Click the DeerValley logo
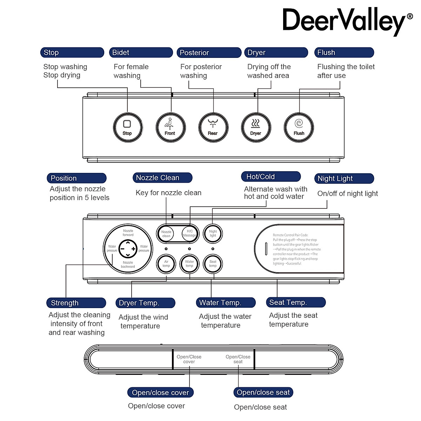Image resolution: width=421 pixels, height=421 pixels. [347, 21]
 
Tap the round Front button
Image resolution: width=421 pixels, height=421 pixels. [171, 127]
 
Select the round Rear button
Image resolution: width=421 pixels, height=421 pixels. [213, 127]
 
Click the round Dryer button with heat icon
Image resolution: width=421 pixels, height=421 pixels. [256, 127]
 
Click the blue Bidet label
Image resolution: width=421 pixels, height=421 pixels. [141, 53]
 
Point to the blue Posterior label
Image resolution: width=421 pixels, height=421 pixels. [209, 53]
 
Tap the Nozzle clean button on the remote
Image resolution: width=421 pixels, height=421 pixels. [166, 234]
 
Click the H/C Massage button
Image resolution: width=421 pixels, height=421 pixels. [189, 233]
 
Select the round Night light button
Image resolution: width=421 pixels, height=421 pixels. [213, 233]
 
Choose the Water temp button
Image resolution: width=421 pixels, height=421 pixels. [189, 264]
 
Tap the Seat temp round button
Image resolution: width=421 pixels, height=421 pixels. [213, 264]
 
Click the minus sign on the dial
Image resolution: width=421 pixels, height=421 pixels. [122, 249]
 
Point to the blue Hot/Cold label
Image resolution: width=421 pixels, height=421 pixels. [271, 176]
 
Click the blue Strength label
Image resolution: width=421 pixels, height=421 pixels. [76, 303]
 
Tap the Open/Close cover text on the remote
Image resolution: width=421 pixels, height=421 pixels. [189, 359]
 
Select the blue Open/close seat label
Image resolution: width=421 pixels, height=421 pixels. [263, 392]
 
